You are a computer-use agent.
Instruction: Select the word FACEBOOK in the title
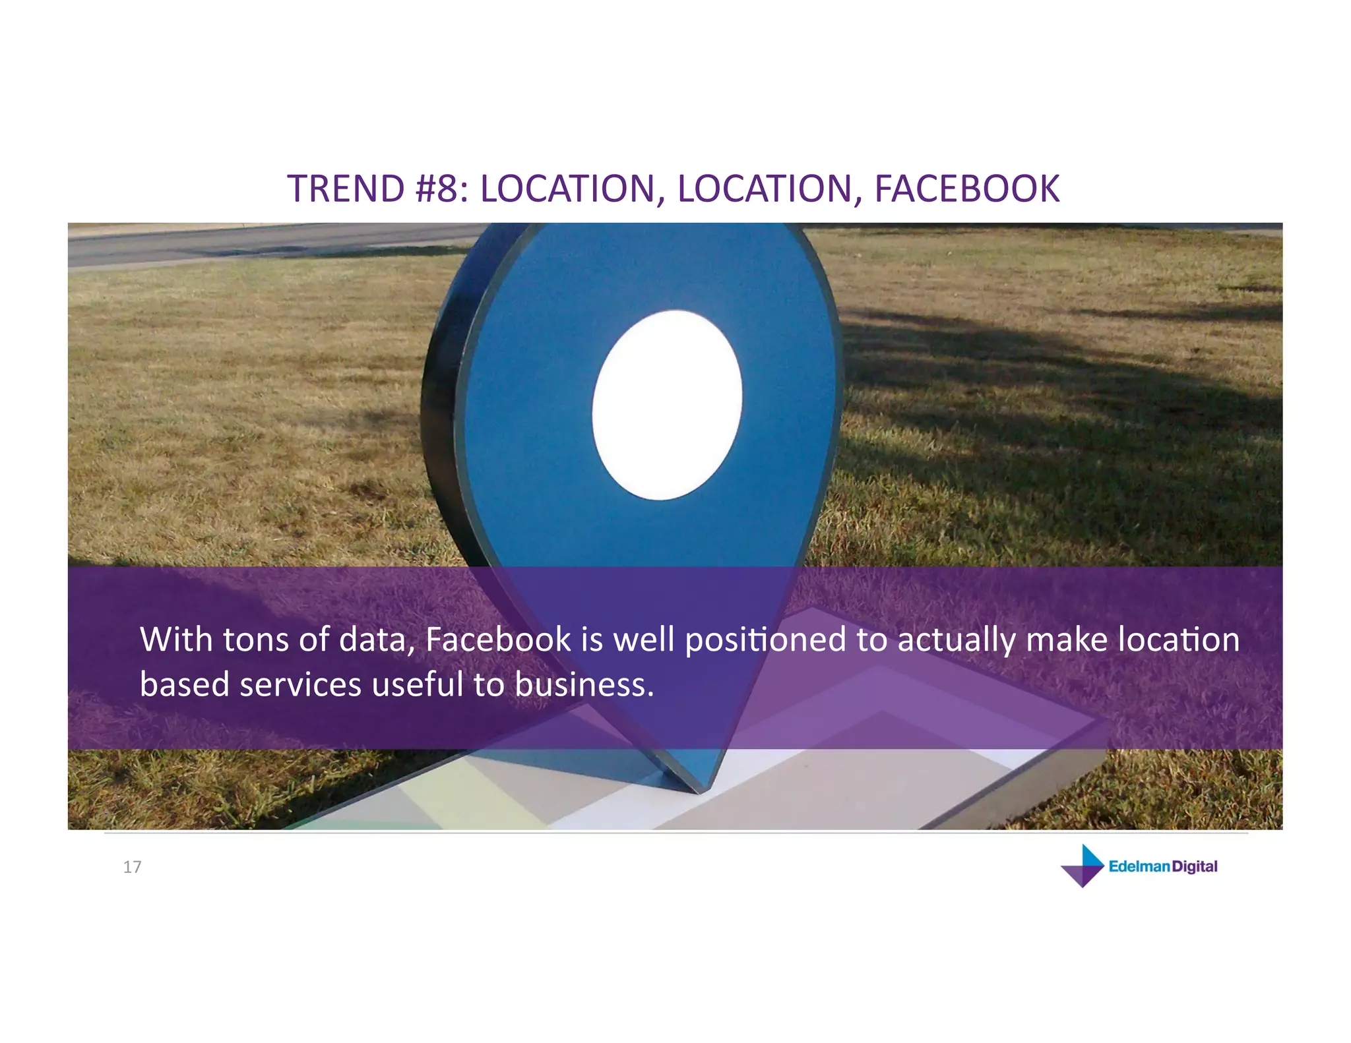point(966,189)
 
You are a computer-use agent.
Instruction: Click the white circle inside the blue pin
point(666,405)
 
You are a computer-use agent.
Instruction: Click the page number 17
point(132,867)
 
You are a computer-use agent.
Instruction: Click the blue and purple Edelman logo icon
point(1083,866)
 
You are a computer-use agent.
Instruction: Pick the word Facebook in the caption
point(498,640)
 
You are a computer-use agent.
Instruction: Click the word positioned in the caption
point(765,641)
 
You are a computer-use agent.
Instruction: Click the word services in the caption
point(300,685)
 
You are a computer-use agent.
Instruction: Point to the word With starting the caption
point(176,640)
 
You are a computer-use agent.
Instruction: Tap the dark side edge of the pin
point(441,396)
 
